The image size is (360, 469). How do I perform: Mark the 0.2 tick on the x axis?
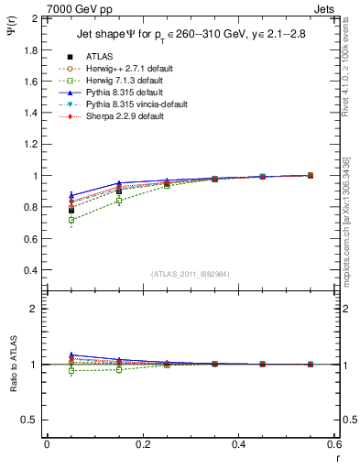142,444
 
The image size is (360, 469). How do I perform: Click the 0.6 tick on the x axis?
333,444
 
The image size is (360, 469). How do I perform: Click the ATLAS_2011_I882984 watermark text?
191,274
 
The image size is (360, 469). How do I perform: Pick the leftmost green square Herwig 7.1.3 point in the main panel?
71,220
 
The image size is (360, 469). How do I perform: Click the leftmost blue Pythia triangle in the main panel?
71,195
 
